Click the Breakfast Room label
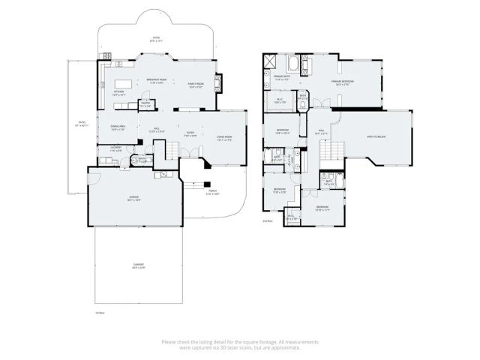[x=156, y=81]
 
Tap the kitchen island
[x=124, y=82]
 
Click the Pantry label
[x=146, y=105]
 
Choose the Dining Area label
[x=117, y=127]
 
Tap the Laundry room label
[x=115, y=148]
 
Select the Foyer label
[x=190, y=136]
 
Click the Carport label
[x=139, y=265]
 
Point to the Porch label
[x=212, y=192]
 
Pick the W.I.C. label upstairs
[x=278, y=100]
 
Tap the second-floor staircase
[x=328, y=153]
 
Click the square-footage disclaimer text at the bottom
[x=240, y=344]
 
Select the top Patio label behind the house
[x=156, y=38]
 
